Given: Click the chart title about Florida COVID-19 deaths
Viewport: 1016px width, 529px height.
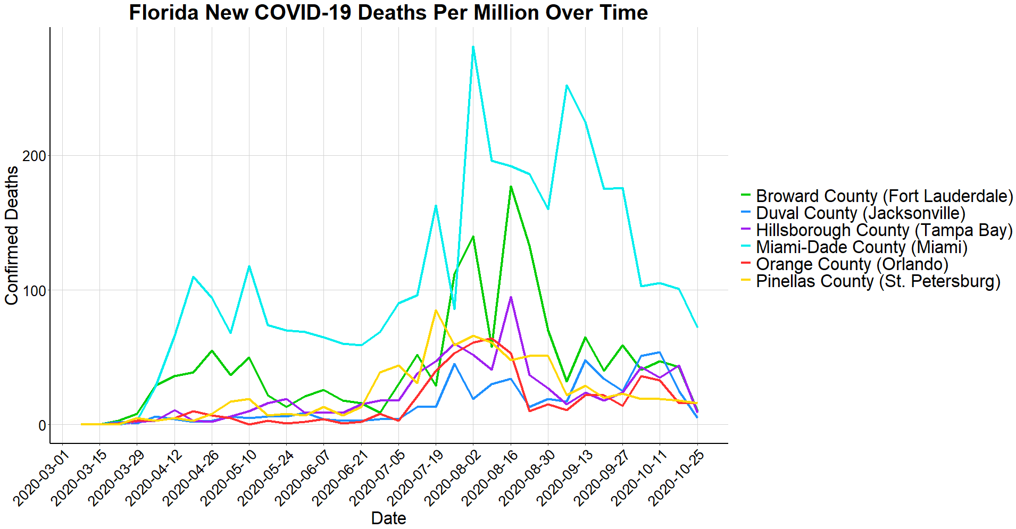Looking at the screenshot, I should point(388,13).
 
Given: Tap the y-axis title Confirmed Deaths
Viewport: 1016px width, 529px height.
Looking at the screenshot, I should point(12,236).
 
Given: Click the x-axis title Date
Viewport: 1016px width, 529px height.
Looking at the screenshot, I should point(388,518).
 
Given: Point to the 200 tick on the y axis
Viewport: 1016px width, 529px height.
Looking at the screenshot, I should point(35,156).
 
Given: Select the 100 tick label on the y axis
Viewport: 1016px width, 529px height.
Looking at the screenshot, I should point(35,291).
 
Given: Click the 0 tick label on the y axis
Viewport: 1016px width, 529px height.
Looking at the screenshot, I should point(41,425).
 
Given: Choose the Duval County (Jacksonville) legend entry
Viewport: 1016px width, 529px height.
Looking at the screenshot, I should point(860,213).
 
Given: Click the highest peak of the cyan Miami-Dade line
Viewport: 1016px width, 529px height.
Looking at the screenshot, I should point(473,47).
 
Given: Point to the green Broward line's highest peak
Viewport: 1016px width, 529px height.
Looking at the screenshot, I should point(511,187).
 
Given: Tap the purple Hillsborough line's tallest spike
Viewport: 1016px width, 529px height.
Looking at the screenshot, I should point(511,297).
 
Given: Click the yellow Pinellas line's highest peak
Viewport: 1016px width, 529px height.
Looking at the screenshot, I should point(436,310).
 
